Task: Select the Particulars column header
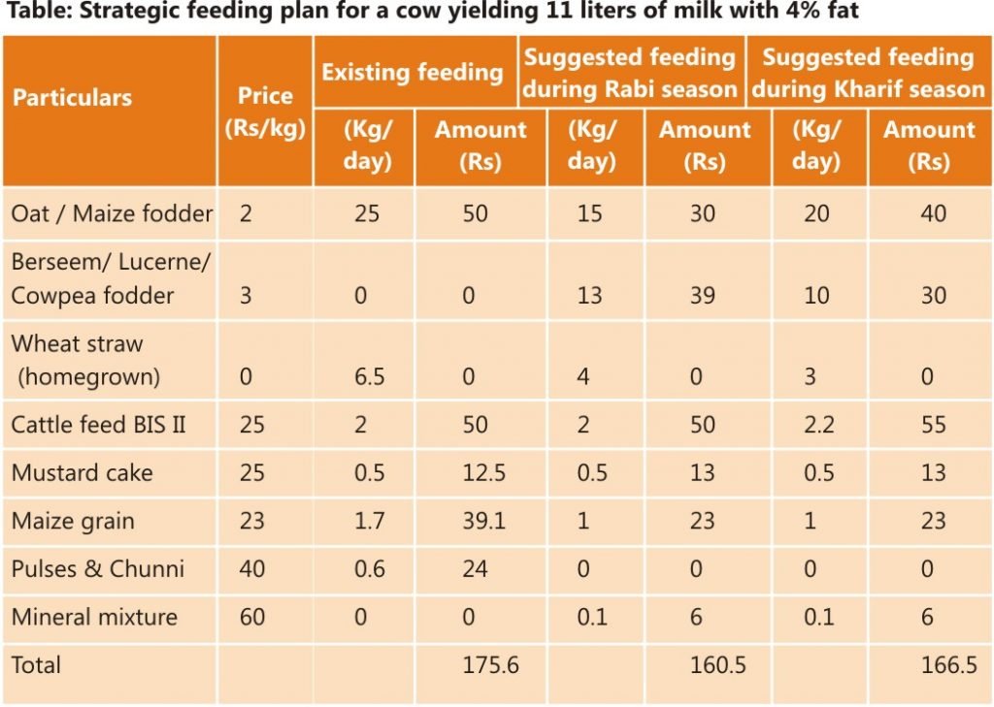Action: coord(73,98)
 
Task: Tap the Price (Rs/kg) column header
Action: coord(265,112)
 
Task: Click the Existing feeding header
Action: coord(413,73)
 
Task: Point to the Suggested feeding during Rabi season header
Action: coord(630,73)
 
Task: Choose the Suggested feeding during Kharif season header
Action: coord(868,73)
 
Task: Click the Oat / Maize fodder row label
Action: coord(112,213)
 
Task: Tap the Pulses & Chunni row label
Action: coord(98,568)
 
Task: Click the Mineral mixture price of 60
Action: coord(252,617)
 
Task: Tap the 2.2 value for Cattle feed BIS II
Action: coord(813,425)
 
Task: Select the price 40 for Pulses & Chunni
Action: coord(252,568)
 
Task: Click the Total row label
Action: coord(36,665)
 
